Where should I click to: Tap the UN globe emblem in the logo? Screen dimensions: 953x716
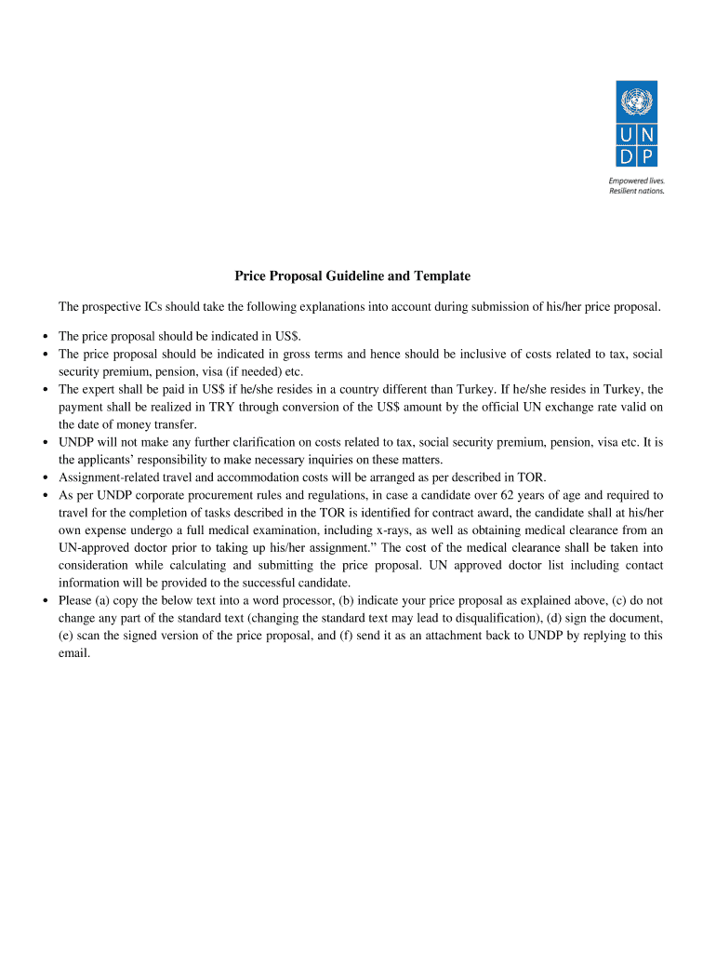coord(637,101)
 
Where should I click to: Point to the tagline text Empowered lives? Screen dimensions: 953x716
coord(636,181)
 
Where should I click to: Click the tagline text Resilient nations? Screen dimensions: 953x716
coord(637,192)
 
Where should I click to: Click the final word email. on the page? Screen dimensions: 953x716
coord(74,652)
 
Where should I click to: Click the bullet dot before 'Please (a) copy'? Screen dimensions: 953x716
coord(45,600)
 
